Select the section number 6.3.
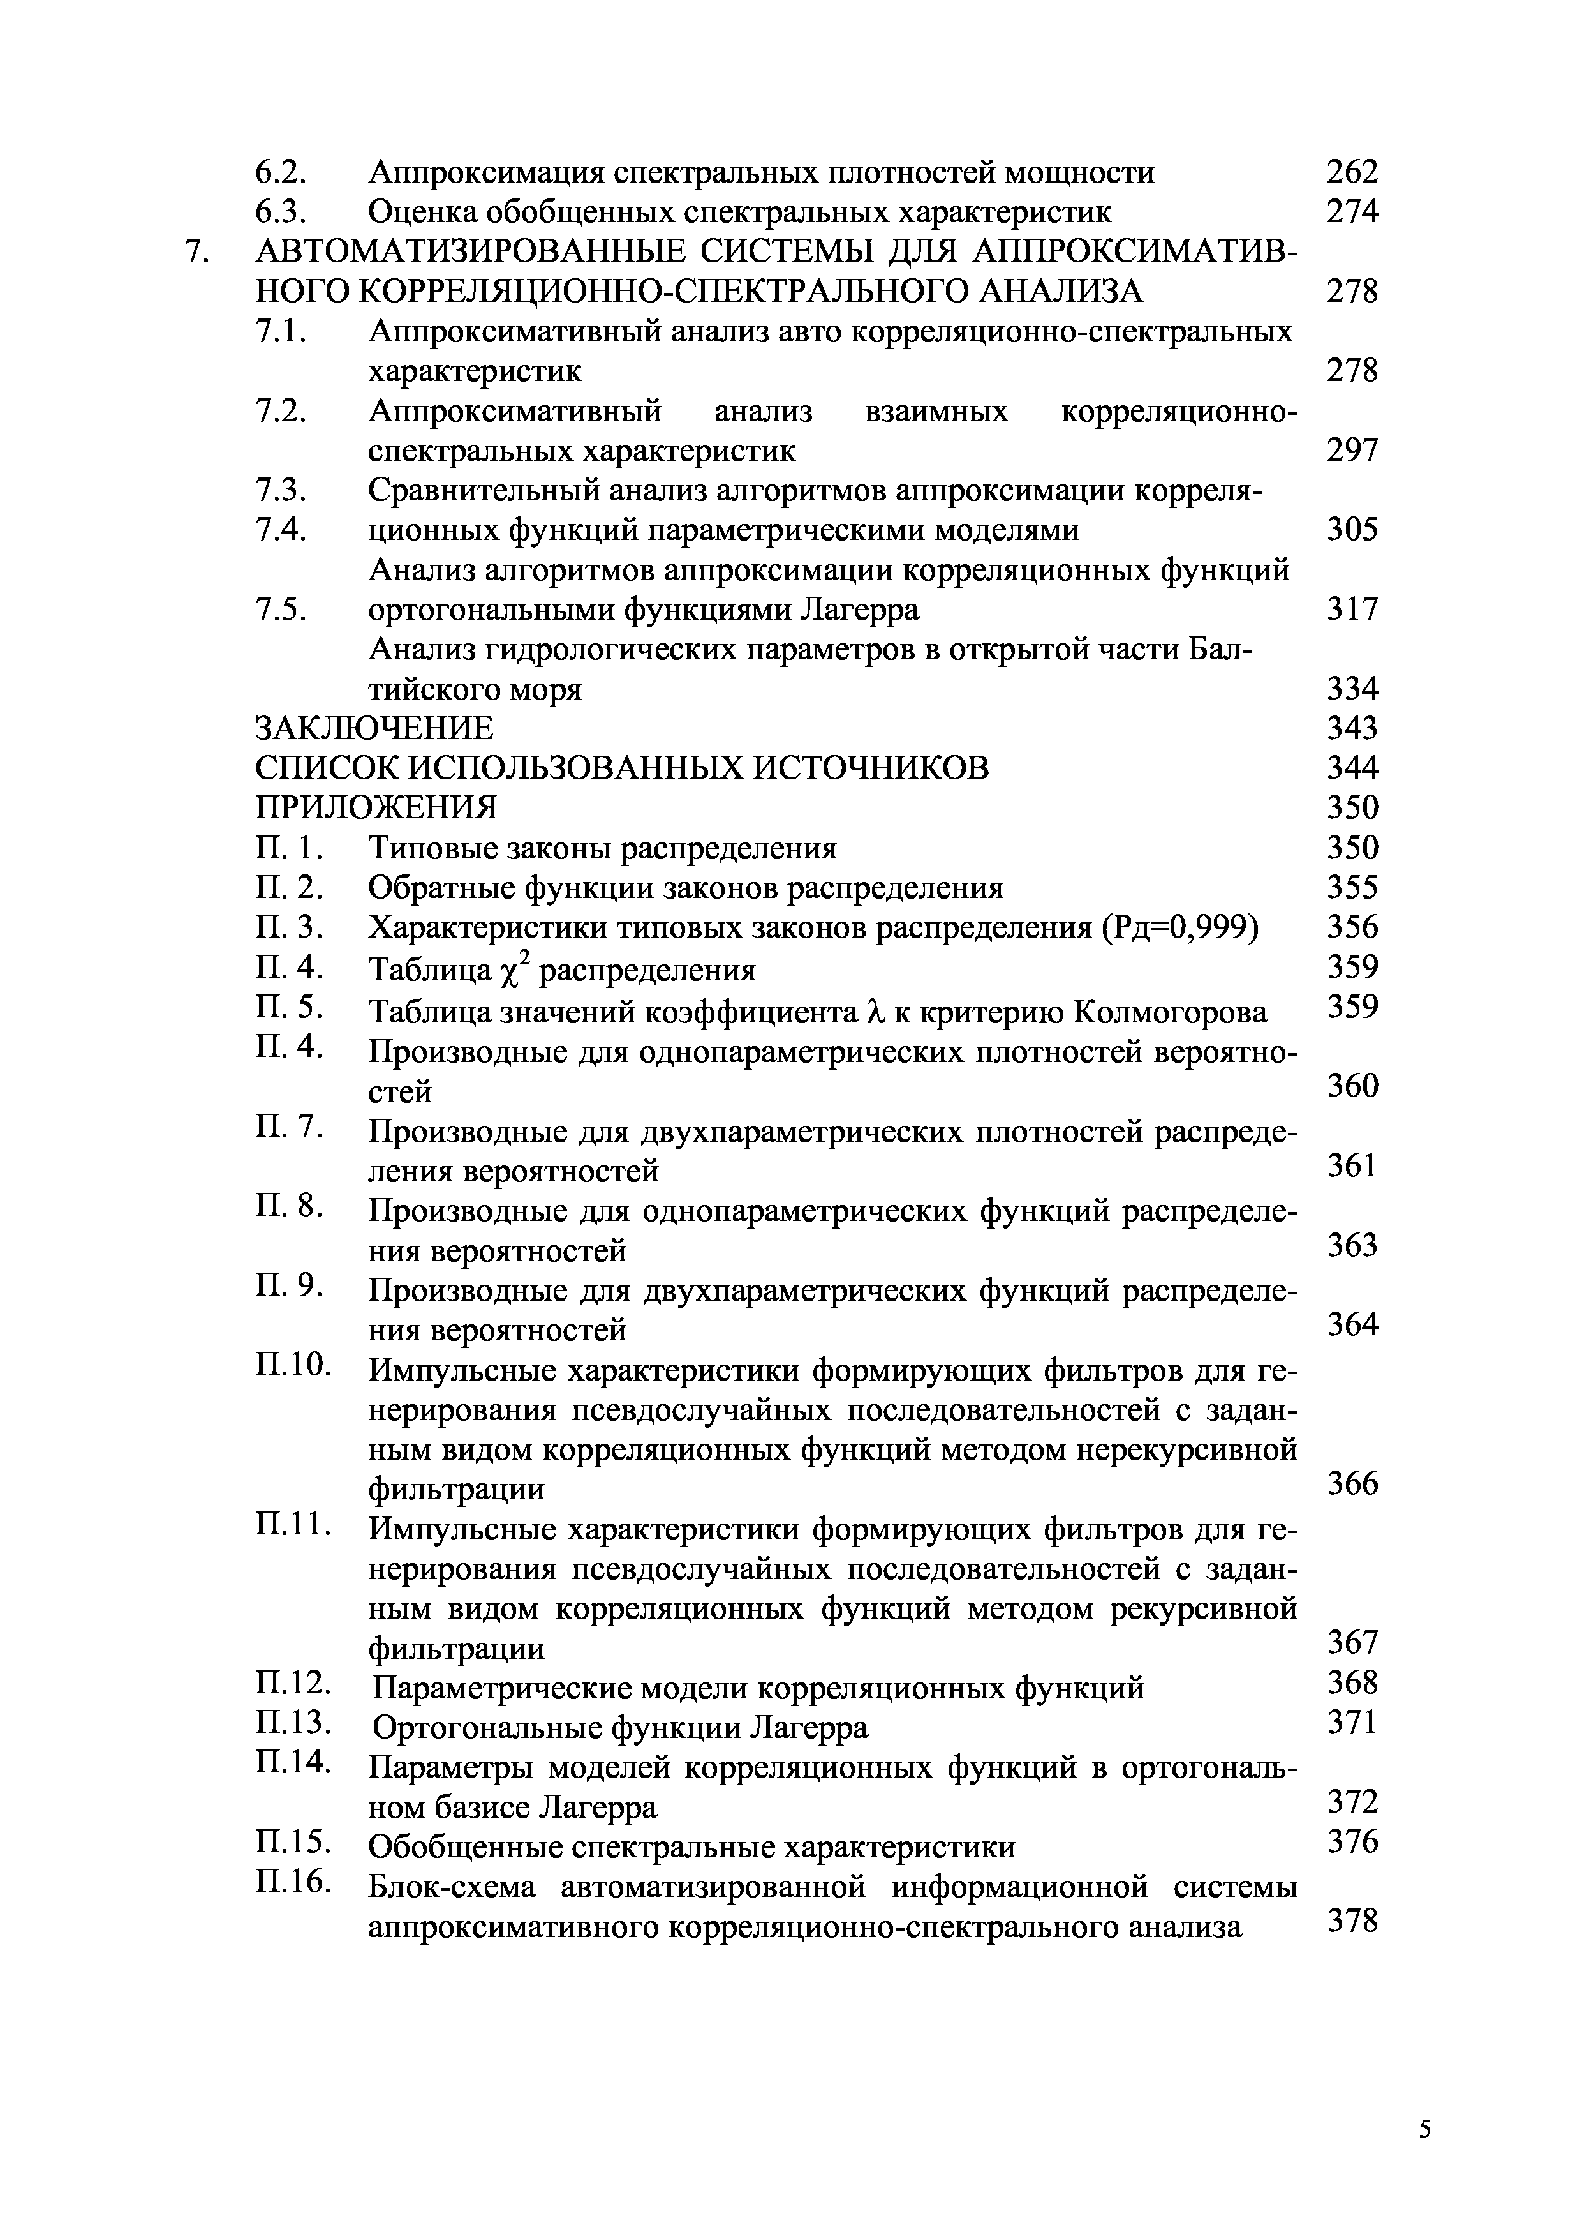pyautogui.click(x=281, y=213)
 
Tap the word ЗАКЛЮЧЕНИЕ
pyautogui.click(x=374, y=728)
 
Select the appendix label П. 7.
pyautogui.click(x=288, y=1127)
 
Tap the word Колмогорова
pyautogui.click(x=1170, y=1013)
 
